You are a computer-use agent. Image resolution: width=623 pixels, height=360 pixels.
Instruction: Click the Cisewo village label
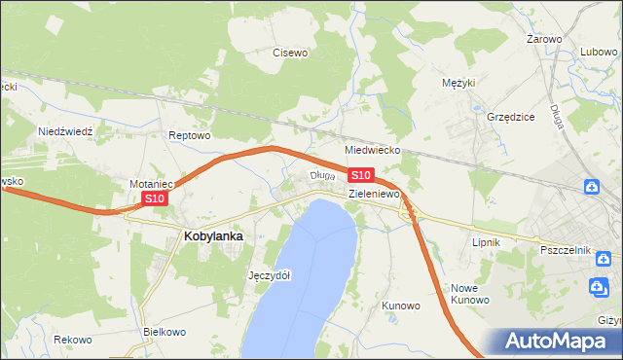pos(290,53)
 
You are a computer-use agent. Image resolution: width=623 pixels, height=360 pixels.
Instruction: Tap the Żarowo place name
pos(544,39)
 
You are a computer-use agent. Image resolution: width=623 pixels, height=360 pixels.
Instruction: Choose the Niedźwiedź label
pos(64,130)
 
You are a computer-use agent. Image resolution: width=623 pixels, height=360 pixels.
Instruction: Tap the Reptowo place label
pos(190,135)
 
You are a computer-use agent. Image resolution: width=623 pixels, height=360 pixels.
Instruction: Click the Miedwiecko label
pos(374,151)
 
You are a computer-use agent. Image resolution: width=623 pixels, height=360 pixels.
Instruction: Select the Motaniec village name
pos(151,183)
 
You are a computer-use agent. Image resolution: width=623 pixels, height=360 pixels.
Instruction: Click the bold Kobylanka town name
pos(213,235)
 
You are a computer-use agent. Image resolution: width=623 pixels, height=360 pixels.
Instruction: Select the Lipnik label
pos(485,240)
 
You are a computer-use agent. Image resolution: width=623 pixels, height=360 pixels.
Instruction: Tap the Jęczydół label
pos(270,274)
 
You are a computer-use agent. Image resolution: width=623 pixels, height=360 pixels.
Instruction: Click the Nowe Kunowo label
pos(470,294)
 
